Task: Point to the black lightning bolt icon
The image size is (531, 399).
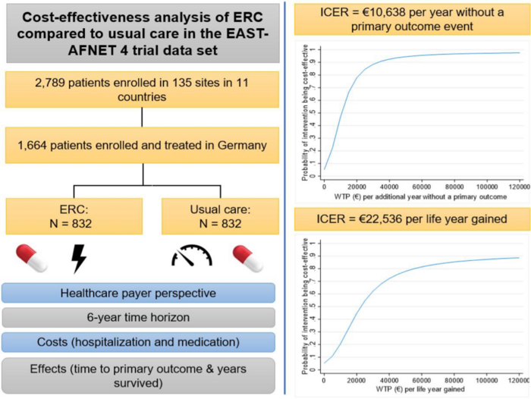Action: click(79, 258)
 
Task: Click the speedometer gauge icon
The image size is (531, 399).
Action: click(191, 256)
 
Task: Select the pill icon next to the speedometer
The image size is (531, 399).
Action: click(247, 258)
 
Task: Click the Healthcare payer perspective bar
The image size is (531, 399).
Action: click(139, 293)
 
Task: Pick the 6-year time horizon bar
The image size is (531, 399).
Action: click(139, 318)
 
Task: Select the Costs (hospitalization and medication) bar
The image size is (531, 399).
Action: click(139, 342)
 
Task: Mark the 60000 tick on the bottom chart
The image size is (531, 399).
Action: click(422, 380)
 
